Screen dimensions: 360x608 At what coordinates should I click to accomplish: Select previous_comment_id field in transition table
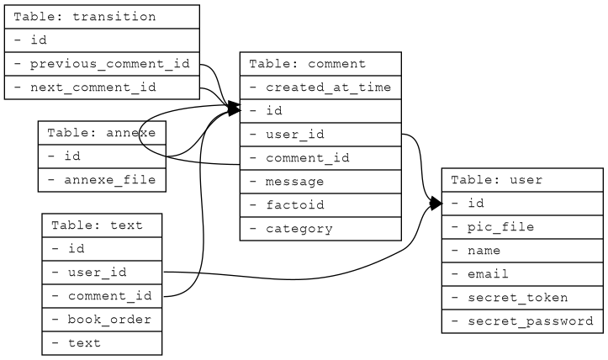coord(102,64)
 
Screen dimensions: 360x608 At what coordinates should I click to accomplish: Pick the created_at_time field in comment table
coord(320,87)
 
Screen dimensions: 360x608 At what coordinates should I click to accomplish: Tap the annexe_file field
coord(102,180)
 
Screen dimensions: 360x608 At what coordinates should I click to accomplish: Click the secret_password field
coord(522,321)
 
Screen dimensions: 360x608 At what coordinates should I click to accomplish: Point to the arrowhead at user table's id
coord(436,204)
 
